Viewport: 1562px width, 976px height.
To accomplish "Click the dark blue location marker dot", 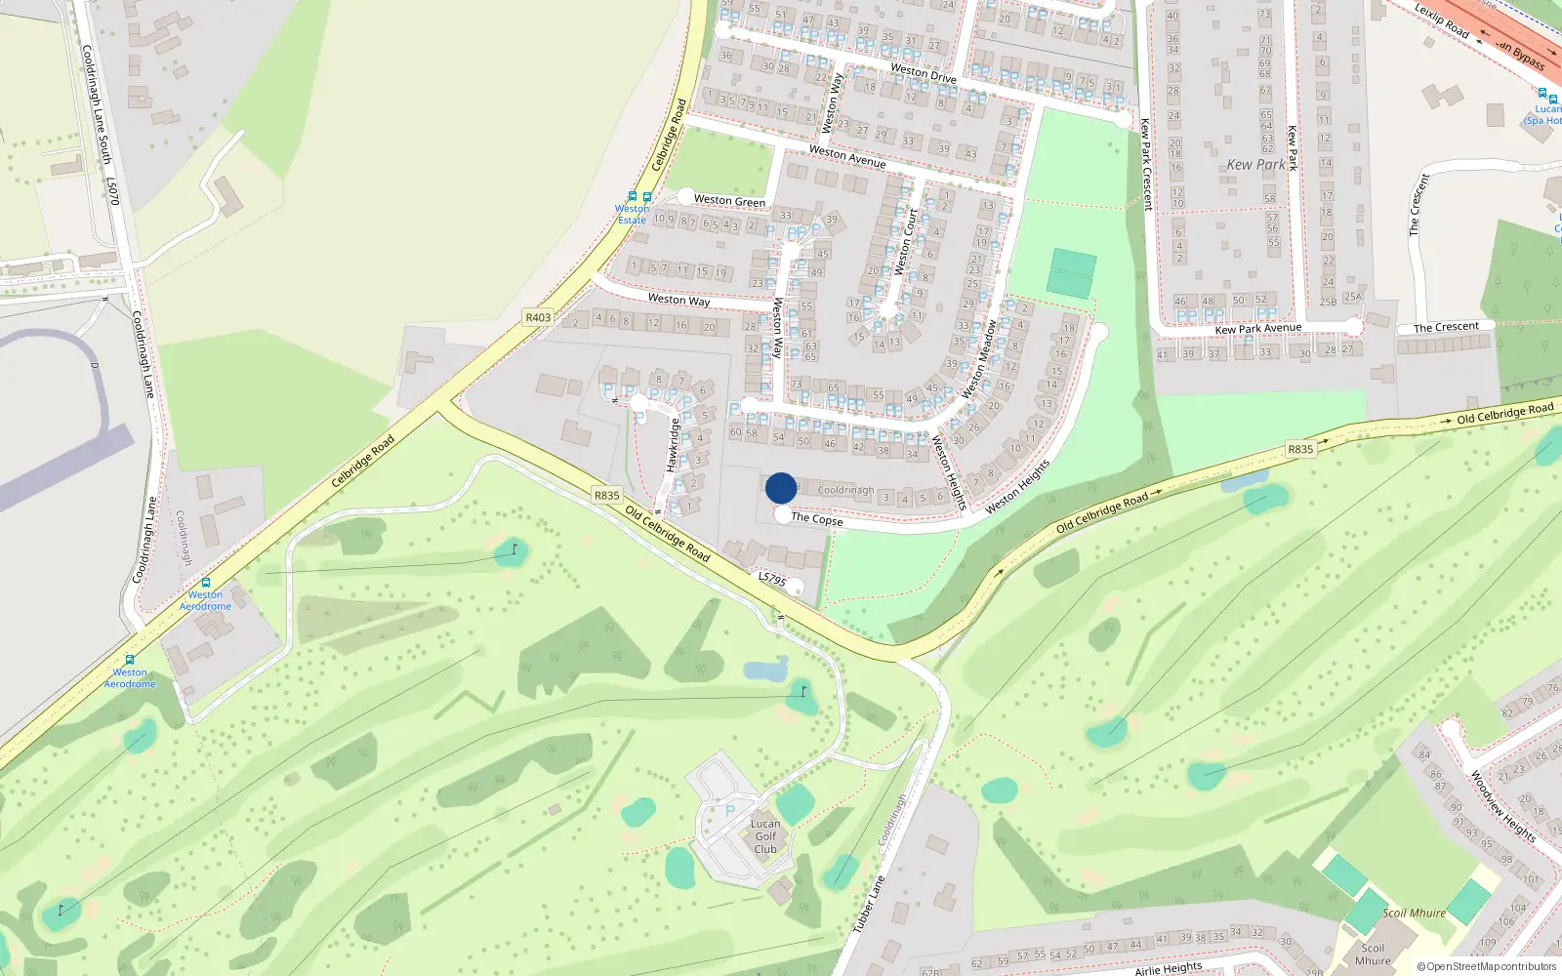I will click(781, 488).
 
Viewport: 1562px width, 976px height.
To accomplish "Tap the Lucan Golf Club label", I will click(765, 836).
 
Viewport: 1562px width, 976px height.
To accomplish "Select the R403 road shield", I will click(538, 317).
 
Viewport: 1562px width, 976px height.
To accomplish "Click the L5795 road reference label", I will click(772, 579).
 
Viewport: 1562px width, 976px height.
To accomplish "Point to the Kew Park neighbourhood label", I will click(1255, 165).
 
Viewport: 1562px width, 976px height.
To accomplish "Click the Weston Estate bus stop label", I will click(632, 214).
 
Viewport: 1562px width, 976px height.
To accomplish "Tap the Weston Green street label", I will click(729, 200).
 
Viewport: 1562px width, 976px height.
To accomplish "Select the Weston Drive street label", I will click(923, 72).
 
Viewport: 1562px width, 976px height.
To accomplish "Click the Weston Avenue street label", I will click(847, 156).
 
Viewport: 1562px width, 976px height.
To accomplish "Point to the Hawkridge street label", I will click(673, 445).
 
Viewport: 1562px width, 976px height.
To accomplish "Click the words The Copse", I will click(817, 519).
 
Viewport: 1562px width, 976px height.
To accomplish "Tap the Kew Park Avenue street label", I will click(1257, 329).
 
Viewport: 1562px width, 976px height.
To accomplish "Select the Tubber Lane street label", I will click(869, 903).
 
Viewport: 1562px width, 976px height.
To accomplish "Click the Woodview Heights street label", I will click(1502, 806).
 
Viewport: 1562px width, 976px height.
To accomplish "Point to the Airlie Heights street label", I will click(1168, 968).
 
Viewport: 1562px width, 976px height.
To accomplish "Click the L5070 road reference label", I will click(113, 191).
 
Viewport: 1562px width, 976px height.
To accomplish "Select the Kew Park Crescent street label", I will click(1146, 164).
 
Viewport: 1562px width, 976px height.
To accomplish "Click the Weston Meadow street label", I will click(978, 359).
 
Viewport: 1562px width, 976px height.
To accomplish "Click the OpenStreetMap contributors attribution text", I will click(1491, 967).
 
